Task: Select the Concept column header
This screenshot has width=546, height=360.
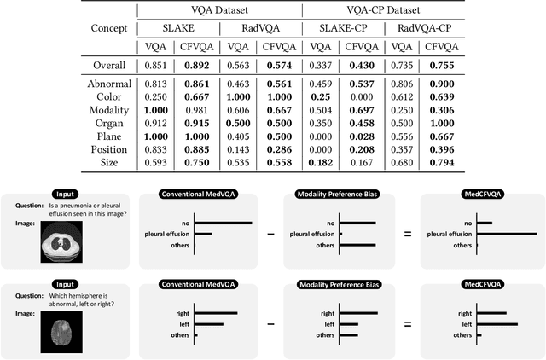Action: click(x=108, y=28)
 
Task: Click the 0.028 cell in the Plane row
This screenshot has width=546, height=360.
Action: click(x=358, y=137)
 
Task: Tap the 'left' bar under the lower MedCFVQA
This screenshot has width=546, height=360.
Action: click(x=497, y=324)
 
